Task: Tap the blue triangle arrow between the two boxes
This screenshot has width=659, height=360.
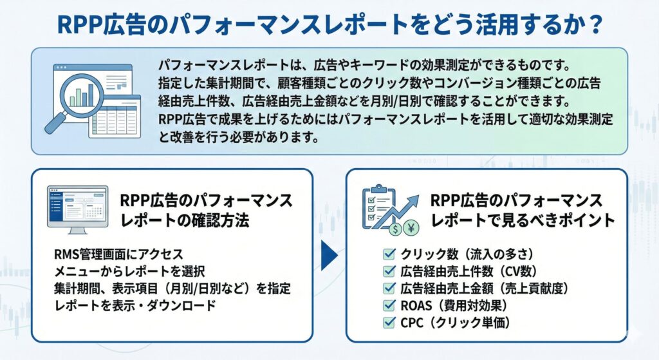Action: pyautogui.click(x=329, y=255)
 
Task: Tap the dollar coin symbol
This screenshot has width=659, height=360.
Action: pyautogui.click(x=395, y=228)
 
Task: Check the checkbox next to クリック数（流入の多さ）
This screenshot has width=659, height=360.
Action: pyautogui.click(x=389, y=254)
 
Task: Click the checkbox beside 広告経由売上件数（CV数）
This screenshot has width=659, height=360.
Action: pyautogui.click(x=389, y=271)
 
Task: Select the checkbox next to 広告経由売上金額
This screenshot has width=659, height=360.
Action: pyautogui.click(x=389, y=288)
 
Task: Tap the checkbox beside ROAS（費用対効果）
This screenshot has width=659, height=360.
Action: pyautogui.click(x=389, y=305)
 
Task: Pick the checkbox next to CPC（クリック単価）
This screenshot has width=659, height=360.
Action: pyautogui.click(x=389, y=321)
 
